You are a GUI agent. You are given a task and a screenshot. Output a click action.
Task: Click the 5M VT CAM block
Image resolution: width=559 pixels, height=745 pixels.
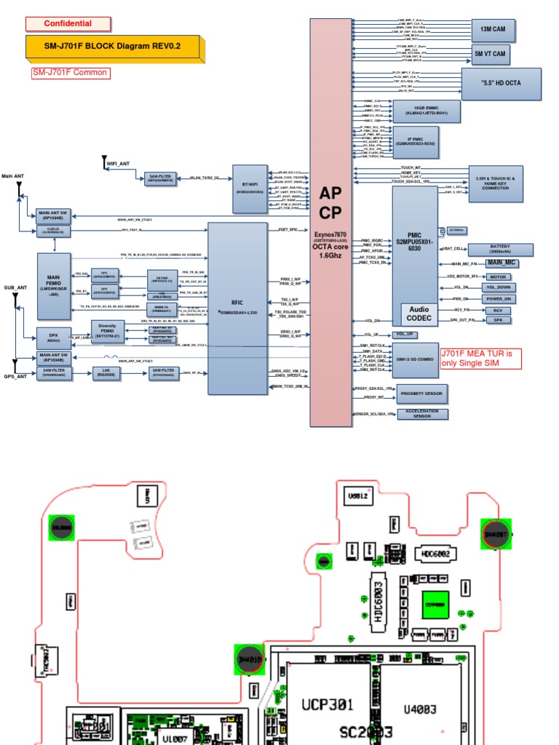point(490,54)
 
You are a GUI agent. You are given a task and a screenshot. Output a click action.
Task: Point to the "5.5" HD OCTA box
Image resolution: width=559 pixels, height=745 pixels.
point(501,84)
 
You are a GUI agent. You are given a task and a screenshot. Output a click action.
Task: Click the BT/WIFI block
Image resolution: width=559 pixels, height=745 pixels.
point(250,185)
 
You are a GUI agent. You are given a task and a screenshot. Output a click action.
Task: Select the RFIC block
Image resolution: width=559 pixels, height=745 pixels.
point(237,308)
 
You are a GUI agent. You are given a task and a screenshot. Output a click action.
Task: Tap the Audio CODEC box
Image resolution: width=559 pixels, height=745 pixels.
point(420,314)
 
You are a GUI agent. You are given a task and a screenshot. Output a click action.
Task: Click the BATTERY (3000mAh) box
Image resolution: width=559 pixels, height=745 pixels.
point(499,250)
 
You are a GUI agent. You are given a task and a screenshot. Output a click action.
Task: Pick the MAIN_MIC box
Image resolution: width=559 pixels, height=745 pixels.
point(501,263)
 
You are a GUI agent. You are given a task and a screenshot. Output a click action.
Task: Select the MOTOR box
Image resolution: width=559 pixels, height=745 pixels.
point(498,276)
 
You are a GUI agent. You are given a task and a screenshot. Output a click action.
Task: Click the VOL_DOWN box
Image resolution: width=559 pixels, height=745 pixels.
point(498,287)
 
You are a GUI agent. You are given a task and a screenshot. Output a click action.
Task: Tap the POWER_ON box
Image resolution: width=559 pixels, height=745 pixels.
point(498,299)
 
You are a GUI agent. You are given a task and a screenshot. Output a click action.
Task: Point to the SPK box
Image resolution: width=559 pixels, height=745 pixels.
point(498,320)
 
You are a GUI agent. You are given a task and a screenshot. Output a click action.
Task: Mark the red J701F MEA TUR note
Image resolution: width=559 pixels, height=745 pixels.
point(481,358)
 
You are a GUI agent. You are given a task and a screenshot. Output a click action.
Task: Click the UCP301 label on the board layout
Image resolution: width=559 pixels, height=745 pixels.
point(328,704)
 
